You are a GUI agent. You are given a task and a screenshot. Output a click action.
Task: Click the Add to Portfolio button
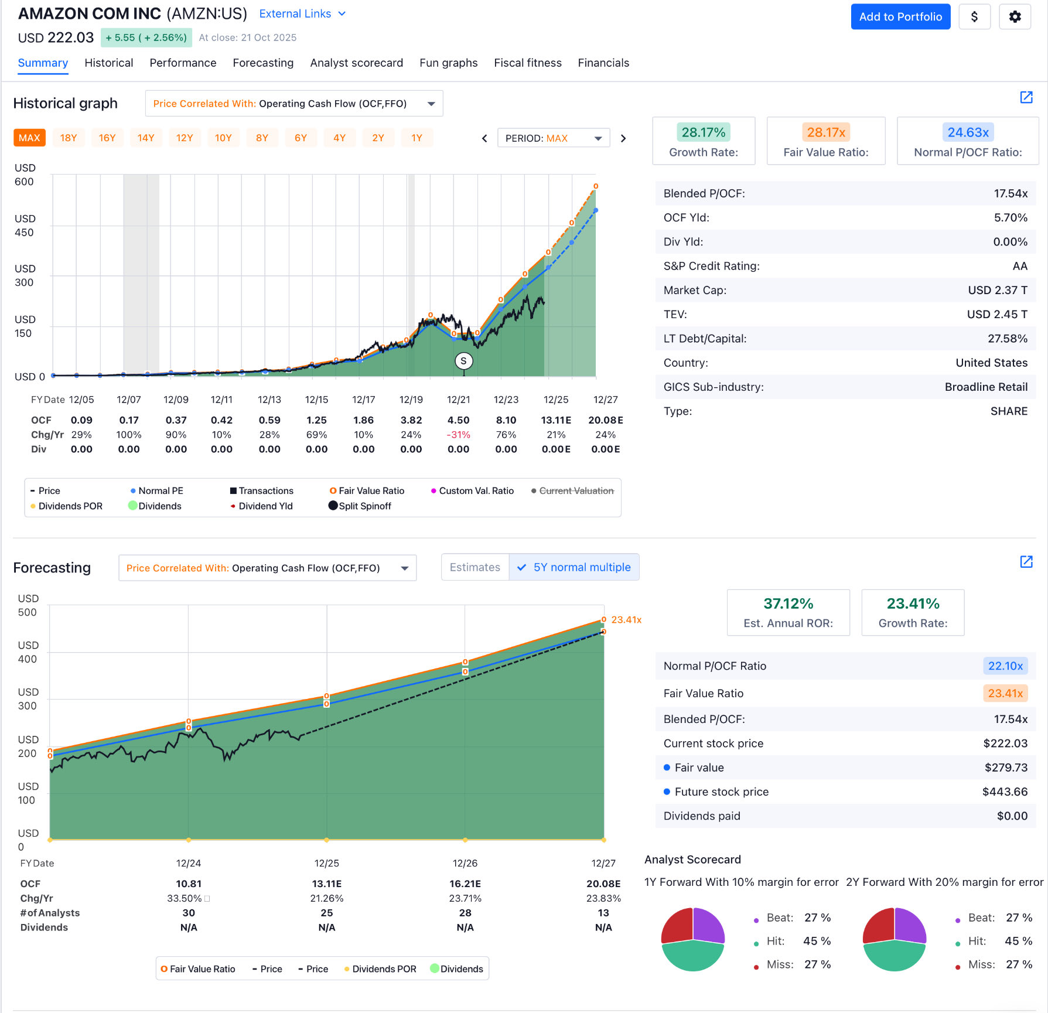click(x=900, y=17)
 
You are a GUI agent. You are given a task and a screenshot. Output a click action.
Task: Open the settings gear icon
click(x=1015, y=17)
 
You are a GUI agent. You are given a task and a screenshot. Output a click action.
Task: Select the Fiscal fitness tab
click(x=527, y=63)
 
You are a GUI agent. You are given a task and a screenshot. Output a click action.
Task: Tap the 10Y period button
click(x=223, y=138)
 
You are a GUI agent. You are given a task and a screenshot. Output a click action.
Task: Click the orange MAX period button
click(x=29, y=138)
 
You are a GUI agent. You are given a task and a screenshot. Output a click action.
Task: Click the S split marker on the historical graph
click(x=463, y=361)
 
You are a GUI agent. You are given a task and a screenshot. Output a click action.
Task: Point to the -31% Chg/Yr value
click(x=458, y=435)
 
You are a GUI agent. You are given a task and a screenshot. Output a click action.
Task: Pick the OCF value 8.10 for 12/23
click(x=506, y=420)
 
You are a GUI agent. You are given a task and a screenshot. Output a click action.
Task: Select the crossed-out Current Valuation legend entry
click(x=576, y=491)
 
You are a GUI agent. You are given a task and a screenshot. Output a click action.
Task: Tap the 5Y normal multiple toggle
click(x=574, y=567)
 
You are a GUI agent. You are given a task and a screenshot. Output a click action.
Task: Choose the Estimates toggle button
click(x=474, y=567)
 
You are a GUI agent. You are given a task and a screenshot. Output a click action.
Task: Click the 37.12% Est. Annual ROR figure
click(x=788, y=603)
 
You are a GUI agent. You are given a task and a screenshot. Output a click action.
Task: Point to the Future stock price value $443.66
click(x=1005, y=792)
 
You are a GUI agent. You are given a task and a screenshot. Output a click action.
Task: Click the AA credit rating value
click(x=1019, y=266)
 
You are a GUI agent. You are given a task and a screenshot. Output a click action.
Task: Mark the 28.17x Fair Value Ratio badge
click(x=825, y=132)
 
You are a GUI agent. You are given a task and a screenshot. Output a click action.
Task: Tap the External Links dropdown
click(x=302, y=14)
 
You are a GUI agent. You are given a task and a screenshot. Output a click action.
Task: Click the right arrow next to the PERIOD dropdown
click(x=623, y=138)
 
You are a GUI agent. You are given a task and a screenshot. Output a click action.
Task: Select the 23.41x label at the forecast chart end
click(x=626, y=620)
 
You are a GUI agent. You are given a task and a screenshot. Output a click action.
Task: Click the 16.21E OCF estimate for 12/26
click(x=465, y=884)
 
